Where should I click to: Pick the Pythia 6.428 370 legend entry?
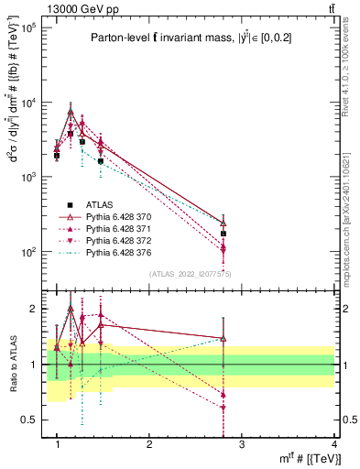point(97,217)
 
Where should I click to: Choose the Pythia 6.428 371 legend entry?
point(97,228)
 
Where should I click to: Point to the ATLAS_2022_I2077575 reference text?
point(189,274)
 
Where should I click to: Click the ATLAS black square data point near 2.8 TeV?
point(224,234)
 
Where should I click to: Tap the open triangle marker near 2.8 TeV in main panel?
point(224,223)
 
